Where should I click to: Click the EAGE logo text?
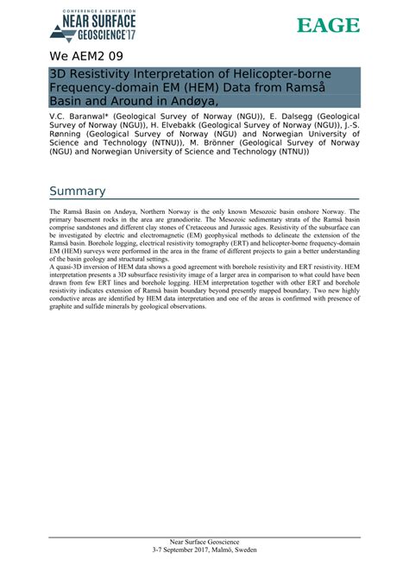click(x=328, y=26)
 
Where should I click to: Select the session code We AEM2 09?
click(x=87, y=58)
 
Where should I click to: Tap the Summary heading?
click(x=78, y=192)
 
